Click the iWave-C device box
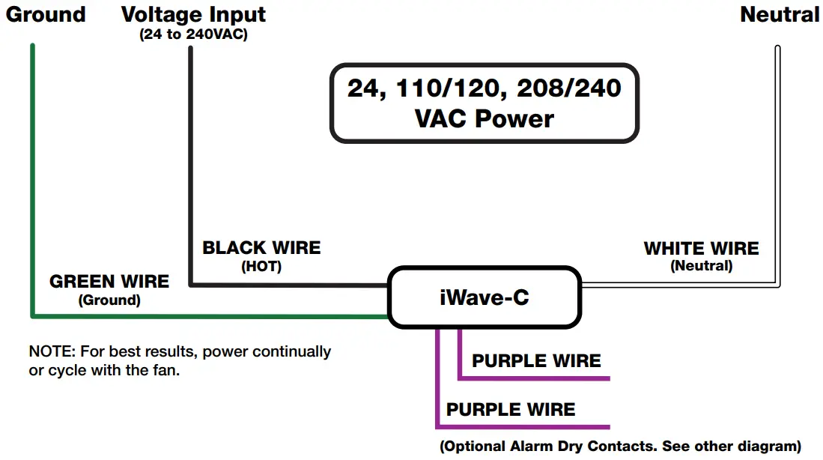pos(484,297)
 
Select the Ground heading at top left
pos(46,14)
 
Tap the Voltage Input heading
pos(193,14)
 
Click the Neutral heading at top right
pos(780,14)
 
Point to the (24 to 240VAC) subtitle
pos(193,34)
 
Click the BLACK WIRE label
pos(261,248)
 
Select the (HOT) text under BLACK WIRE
pos(261,266)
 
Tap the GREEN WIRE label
pos(109,282)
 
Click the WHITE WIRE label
pos(701,248)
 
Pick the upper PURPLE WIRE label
pos(536,361)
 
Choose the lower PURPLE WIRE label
pos(511,410)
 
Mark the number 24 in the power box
pos(365,88)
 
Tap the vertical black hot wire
pos(191,165)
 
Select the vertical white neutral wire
pos(777,165)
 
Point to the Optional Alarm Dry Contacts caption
pos(620,446)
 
